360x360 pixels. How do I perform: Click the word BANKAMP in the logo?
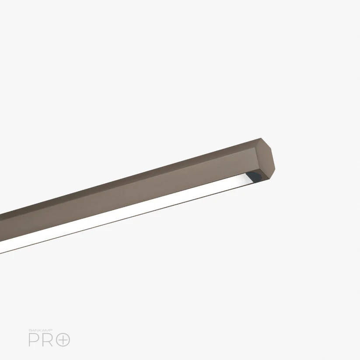tap(41, 330)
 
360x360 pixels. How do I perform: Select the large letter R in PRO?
tap(48, 339)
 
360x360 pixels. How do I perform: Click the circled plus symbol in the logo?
tap(63, 339)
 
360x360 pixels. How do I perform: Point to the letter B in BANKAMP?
tap(30, 330)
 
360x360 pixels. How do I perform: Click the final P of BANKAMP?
tap(51, 330)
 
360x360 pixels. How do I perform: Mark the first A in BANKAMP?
tap(33, 330)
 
